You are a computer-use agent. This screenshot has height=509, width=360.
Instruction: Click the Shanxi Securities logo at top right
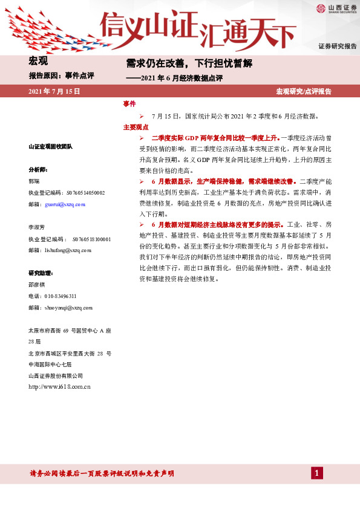click(x=335, y=8)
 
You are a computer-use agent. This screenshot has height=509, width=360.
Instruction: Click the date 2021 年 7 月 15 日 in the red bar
click(x=55, y=91)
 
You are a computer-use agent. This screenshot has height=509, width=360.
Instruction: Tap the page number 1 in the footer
click(x=316, y=473)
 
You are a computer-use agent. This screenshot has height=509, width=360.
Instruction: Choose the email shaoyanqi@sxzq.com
click(x=67, y=308)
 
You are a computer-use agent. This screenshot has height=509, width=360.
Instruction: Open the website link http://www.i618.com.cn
click(x=59, y=386)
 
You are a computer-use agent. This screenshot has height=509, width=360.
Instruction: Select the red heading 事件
click(x=129, y=104)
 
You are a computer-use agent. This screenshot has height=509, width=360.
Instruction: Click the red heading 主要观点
click(x=136, y=128)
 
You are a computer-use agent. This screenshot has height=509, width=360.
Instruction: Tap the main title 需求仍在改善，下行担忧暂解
click(x=188, y=63)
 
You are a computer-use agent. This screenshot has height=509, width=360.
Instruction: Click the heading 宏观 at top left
click(x=38, y=60)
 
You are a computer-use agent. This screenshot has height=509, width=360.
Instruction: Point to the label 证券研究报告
click(x=337, y=47)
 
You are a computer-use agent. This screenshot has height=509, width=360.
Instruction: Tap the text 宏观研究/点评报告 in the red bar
click(x=303, y=91)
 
